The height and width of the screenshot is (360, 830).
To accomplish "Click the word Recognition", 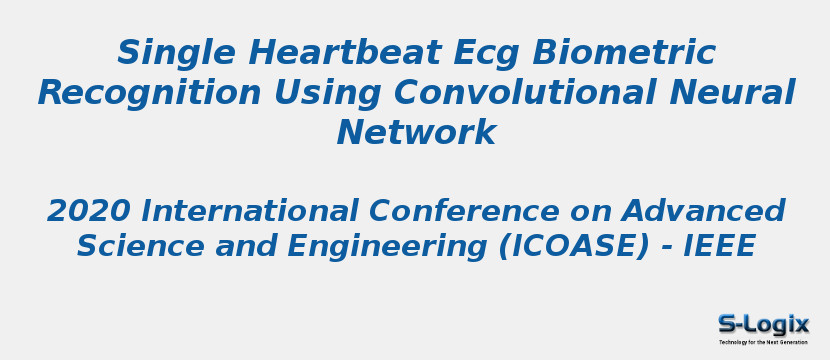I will pyautogui.click(x=149, y=93).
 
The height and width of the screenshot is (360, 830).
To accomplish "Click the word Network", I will pyautogui.click(x=416, y=133).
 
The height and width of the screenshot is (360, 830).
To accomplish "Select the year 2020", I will pyautogui.click(x=89, y=212).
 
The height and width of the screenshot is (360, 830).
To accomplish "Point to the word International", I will pyautogui.click(x=250, y=212).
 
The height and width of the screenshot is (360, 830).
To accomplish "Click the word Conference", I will pyautogui.click(x=465, y=212).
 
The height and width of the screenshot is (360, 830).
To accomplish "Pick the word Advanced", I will pyautogui.click(x=703, y=212).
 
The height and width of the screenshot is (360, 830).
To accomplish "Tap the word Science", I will pyautogui.click(x=130, y=246).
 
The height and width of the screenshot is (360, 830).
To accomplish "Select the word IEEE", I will pyautogui.click(x=719, y=246).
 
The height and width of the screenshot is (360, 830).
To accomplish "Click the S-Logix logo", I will pyautogui.click(x=763, y=324).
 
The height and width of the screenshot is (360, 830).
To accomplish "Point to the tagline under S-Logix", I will pyautogui.click(x=763, y=342).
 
